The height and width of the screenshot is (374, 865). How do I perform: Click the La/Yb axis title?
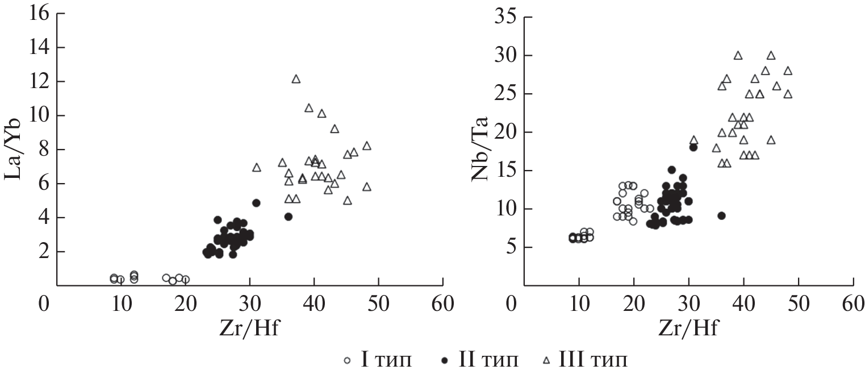point(15,149)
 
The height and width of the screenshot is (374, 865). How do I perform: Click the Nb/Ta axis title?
point(480,149)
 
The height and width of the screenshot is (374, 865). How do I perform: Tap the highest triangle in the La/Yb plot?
point(296,79)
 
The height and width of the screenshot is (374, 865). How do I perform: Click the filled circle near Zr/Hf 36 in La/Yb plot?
point(289,217)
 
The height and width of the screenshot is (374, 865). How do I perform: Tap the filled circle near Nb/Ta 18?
point(693,147)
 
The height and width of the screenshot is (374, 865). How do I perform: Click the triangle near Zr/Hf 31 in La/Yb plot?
point(257,168)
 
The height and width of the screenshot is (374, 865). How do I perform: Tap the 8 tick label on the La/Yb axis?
point(41,149)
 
